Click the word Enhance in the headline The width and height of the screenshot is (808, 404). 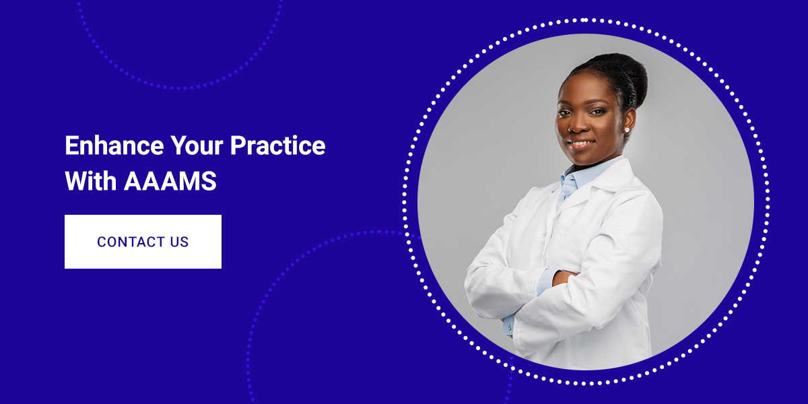click(114, 145)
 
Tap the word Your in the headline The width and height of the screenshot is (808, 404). click(197, 145)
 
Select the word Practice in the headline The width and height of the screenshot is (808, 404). click(277, 145)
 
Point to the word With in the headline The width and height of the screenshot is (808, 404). click(90, 180)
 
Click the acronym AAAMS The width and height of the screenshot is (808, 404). click(170, 180)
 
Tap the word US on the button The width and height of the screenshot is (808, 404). click(179, 242)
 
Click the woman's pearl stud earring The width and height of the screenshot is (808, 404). click(627, 129)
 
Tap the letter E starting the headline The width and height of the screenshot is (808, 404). click(71, 145)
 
